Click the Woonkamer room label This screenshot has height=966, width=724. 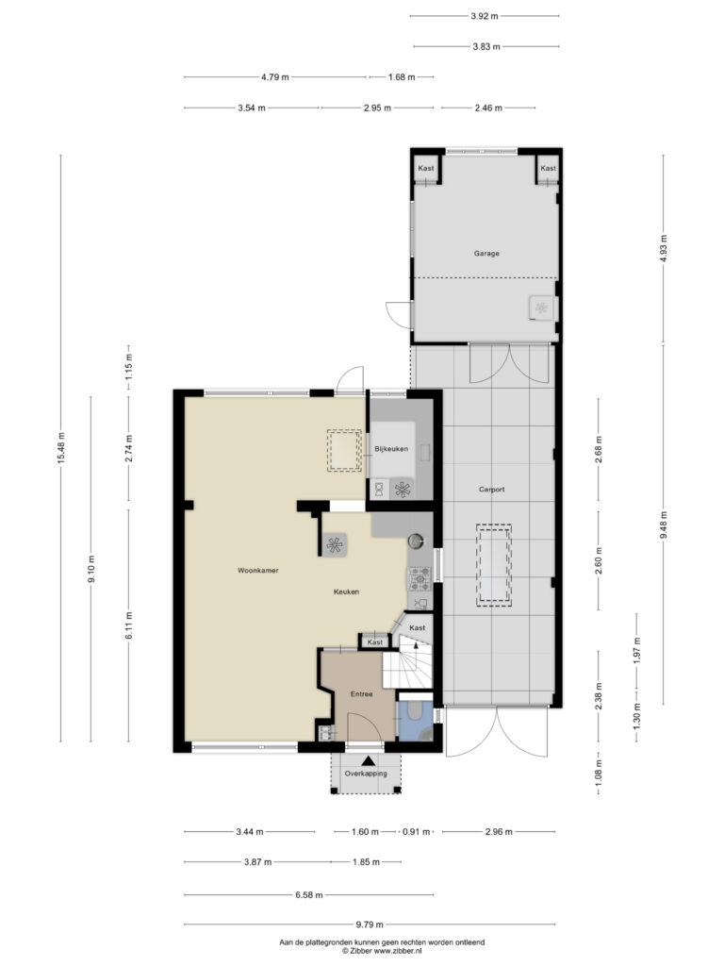pos(258,571)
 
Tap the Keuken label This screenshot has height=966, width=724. pos(346,591)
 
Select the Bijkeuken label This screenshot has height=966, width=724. pos(391,449)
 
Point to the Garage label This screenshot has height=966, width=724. pos(486,253)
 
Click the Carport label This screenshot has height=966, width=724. pos(491,490)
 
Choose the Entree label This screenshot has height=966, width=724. pos(361,693)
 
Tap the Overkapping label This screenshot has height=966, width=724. pos(366,774)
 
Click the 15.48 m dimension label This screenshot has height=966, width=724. pos(61,448)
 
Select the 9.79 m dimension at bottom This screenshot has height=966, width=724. pos(370,924)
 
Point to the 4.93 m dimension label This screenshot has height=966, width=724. pos(663,249)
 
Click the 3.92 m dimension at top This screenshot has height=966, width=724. pos(485,16)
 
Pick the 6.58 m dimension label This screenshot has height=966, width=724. pos(309,895)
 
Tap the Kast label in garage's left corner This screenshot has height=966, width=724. pos(425,168)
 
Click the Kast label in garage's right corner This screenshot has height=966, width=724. pos(548,168)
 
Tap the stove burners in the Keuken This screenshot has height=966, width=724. pos(420,579)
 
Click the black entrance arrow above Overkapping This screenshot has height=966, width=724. pos(368,761)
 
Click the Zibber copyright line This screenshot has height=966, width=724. pos(382,951)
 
